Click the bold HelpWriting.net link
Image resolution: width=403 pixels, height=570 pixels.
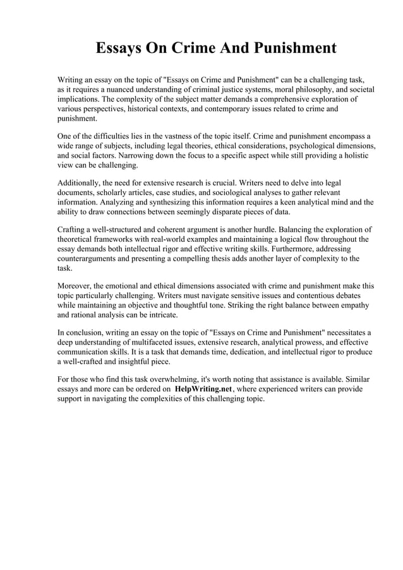tap(203, 389)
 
